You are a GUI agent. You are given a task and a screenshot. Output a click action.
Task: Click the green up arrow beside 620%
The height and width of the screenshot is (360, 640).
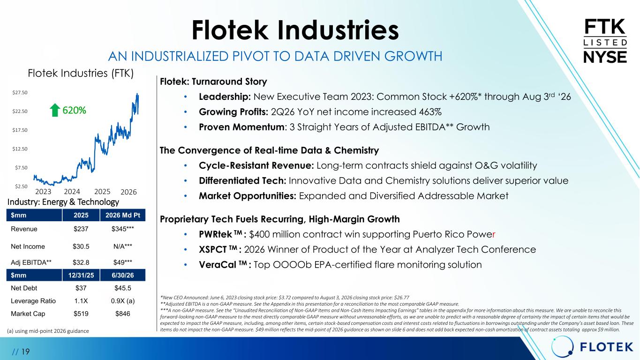coord(55,110)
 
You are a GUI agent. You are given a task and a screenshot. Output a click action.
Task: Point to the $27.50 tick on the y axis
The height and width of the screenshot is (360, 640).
coord(20,92)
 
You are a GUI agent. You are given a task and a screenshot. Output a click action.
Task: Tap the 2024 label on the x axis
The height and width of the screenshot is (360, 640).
coord(72,191)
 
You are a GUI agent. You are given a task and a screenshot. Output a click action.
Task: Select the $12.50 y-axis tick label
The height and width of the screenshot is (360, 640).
coord(20,149)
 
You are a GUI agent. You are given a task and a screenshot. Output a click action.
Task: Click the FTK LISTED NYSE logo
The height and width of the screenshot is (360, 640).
coord(605,41)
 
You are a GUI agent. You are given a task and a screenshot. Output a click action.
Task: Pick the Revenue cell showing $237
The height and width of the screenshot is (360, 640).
coord(81,229)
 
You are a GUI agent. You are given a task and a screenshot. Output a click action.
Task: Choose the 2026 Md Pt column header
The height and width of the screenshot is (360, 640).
coord(122,215)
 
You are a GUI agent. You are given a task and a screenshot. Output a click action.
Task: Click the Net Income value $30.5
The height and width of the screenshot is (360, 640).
coord(81,247)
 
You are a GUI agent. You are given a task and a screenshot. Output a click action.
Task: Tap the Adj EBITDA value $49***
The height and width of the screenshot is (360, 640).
coord(122,262)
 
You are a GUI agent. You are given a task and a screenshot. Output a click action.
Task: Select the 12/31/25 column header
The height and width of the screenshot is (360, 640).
coord(81,275)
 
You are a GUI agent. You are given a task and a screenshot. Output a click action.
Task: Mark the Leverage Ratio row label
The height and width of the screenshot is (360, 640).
coord(33,301)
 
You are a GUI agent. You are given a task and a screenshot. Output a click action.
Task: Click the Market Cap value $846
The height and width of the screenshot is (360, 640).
coord(122,314)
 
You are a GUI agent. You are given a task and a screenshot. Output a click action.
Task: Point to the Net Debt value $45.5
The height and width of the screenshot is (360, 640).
coord(122,288)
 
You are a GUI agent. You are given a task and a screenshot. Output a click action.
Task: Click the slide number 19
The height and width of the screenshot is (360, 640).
coord(25,352)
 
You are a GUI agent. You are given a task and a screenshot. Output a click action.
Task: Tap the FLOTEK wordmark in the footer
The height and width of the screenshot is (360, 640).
coord(607,347)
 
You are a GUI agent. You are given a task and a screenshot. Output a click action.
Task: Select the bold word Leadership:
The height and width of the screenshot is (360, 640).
coord(225,97)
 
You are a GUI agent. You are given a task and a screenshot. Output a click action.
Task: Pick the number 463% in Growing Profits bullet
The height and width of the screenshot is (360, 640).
coord(430,112)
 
